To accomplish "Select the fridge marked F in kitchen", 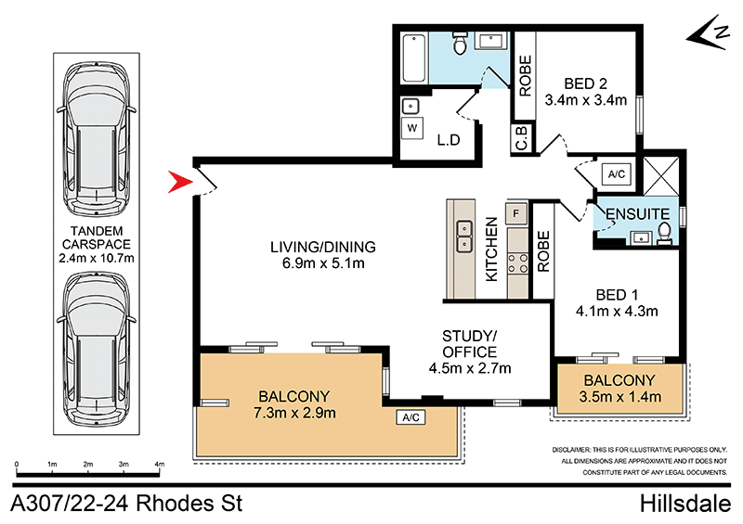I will point(516,213).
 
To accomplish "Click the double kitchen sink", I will point(463,236).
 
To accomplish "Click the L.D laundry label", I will point(450,140).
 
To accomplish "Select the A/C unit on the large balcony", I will point(410,418).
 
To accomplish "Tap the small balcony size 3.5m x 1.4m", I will point(620,398).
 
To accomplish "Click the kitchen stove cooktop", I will point(516,262).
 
